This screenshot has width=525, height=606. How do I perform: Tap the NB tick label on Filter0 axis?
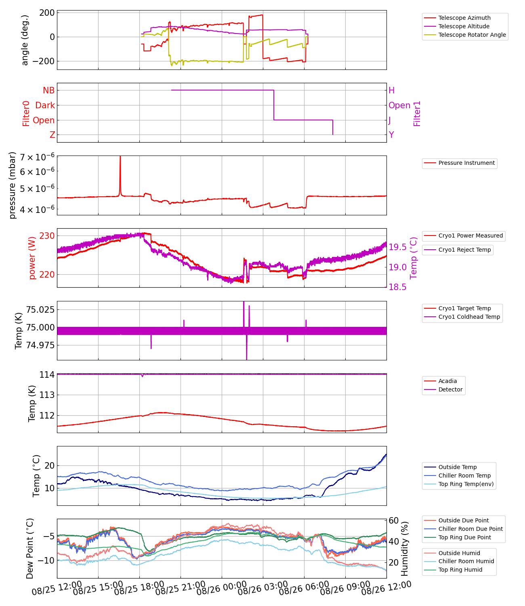48,90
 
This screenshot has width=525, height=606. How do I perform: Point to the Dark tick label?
45,105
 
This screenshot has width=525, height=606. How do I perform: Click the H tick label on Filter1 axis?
391,90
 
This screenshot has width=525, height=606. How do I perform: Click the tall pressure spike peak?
120,157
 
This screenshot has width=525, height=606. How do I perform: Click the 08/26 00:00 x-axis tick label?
222,589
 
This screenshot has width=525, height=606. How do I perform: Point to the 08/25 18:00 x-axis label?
139,589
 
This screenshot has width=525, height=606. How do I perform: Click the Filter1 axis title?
417,114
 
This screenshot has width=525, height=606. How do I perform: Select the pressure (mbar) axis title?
13,185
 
